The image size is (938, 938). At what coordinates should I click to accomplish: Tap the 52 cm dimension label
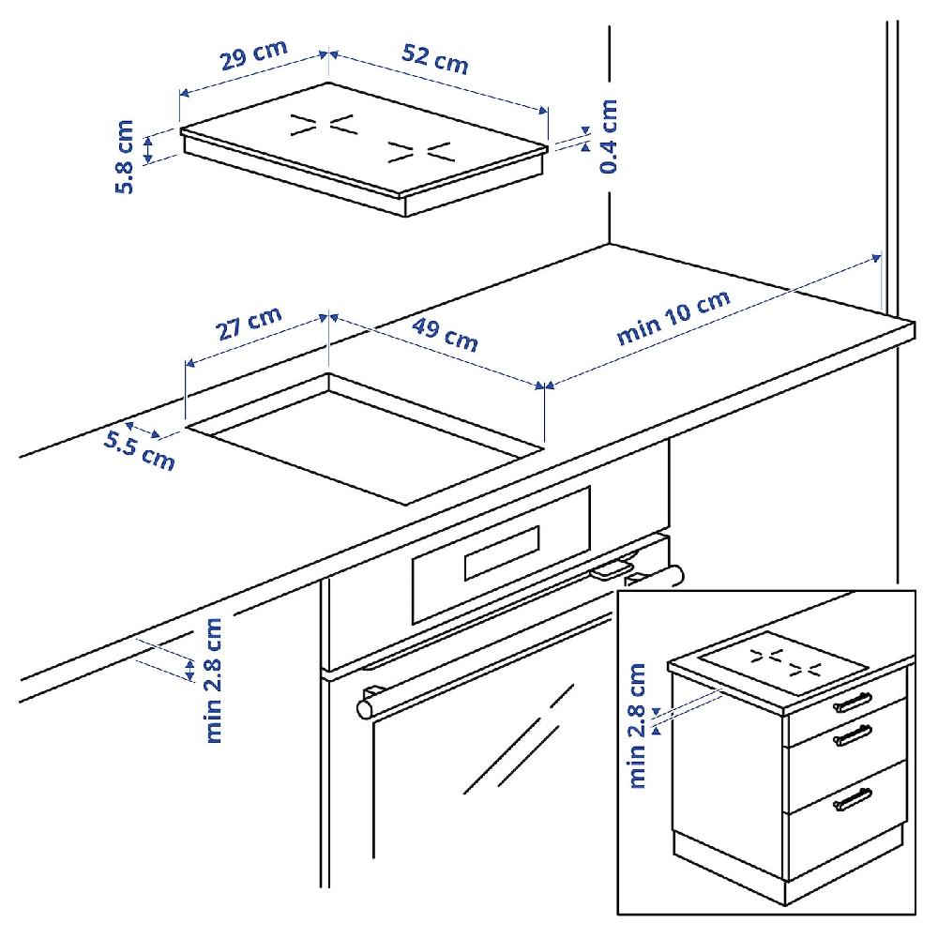tap(434, 59)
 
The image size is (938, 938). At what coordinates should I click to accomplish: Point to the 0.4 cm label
tap(608, 137)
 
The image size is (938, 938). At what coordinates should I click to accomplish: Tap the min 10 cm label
tap(673, 320)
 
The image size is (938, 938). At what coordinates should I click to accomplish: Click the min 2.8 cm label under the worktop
tap(216, 679)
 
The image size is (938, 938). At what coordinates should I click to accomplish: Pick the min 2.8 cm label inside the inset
tap(640, 724)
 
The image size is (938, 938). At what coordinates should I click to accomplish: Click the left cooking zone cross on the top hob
tap(322, 125)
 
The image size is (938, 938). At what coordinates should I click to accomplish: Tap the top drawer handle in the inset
tap(852, 702)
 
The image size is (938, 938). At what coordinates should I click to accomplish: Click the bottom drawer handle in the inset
tap(852, 799)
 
